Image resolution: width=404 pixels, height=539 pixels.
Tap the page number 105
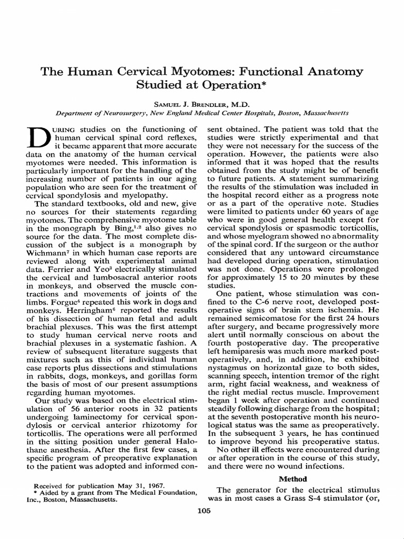coord(203,510)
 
